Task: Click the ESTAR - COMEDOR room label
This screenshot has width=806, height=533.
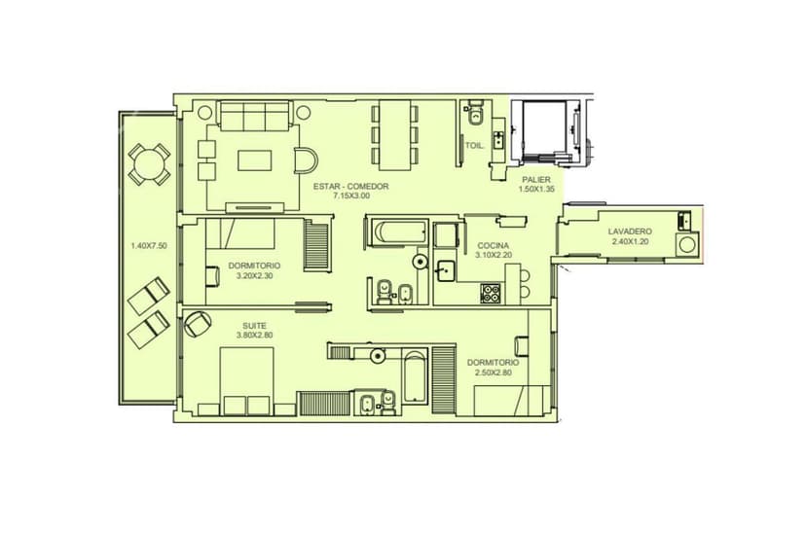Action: coord(351,187)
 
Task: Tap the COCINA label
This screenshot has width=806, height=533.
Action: coord(493,245)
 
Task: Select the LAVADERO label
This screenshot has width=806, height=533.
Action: coord(630,231)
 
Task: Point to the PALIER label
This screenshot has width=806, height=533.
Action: coord(536,180)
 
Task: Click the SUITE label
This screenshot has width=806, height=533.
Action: coord(254,326)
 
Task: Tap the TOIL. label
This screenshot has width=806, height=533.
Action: coord(474,146)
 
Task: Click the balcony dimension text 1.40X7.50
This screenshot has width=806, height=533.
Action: coord(149,246)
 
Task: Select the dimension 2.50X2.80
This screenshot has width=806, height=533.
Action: coord(493,373)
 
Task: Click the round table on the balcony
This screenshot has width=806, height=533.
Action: coord(149,163)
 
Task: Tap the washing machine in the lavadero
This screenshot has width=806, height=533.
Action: coord(686,244)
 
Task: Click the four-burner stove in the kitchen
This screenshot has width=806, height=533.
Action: coord(491,293)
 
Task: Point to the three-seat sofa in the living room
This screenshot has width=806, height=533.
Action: coord(255,116)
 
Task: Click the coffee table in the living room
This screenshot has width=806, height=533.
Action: coord(254,160)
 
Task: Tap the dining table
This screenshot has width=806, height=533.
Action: coord(395,135)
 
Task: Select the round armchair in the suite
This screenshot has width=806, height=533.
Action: coord(198,324)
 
